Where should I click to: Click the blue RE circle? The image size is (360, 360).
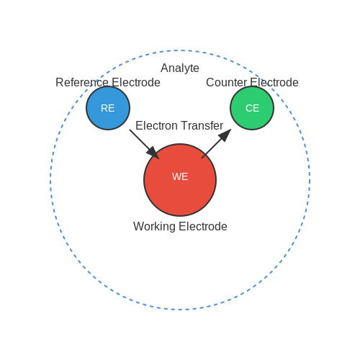(x=108, y=108)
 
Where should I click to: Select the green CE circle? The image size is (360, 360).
(x=252, y=108)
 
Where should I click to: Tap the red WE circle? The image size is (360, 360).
(x=180, y=180)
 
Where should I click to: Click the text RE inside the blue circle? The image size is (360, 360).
(x=107, y=108)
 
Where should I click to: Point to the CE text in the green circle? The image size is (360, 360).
(x=252, y=108)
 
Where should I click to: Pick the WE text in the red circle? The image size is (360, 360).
(x=180, y=176)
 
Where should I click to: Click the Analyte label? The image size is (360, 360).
(x=180, y=68)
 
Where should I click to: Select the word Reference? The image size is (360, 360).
(x=82, y=83)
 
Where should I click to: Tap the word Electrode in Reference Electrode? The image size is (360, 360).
(x=136, y=83)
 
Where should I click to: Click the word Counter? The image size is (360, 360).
(x=226, y=83)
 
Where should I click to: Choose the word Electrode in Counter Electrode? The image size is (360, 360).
(x=274, y=83)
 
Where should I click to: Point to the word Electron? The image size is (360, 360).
(x=156, y=126)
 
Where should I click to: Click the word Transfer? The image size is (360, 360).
(x=201, y=126)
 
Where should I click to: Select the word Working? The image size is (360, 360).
(x=154, y=227)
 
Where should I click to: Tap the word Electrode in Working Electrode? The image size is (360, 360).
(x=203, y=227)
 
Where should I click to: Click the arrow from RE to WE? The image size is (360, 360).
(x=144, y=144)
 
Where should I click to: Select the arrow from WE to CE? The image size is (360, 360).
(x=216, y=144)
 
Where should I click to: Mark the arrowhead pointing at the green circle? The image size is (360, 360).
(x=225, y=135)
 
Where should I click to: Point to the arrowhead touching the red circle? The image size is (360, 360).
(x=153, y=153)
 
